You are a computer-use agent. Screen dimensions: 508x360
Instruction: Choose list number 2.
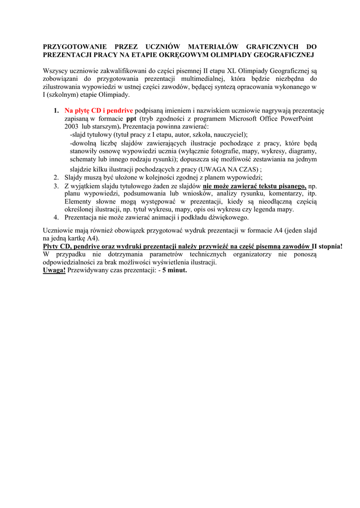tap(56, 177)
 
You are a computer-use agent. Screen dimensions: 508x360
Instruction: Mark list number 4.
tap(56, 217)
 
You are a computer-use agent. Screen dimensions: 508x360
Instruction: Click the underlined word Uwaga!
tap(54, 270)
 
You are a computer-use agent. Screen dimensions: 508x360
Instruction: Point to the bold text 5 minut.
tap(174, 270)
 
